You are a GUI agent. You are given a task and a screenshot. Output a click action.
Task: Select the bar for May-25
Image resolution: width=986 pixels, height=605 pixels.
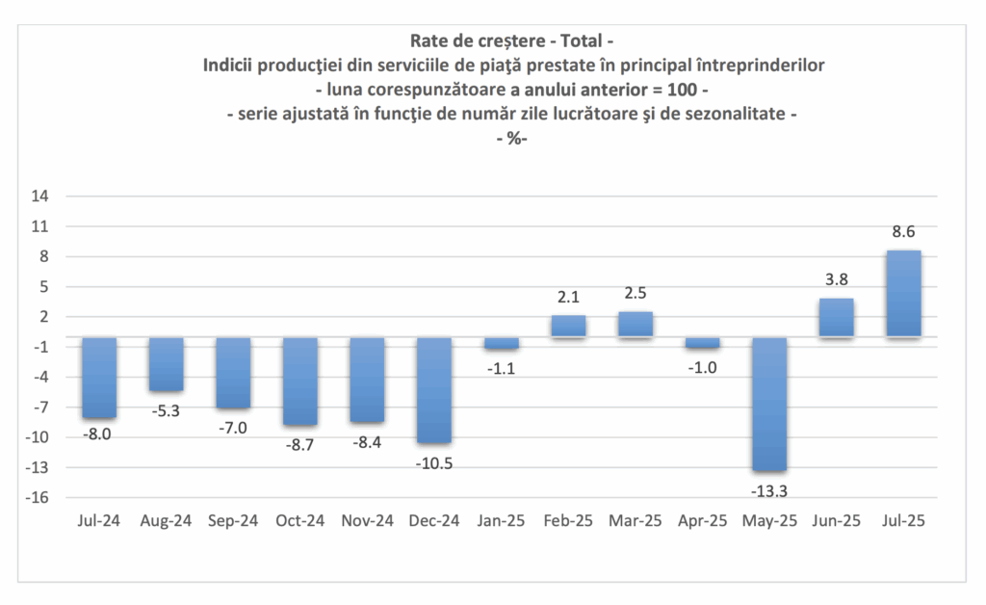pos(769,404)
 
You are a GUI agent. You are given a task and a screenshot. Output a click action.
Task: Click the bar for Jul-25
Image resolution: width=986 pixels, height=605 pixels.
pos(903,294)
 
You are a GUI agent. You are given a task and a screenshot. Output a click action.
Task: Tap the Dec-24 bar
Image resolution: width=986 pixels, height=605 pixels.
pos(433,390)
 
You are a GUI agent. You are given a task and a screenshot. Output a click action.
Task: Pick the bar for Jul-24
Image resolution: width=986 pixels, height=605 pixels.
pos(99,378)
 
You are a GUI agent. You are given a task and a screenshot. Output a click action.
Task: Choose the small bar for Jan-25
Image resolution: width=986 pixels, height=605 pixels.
pos(501,343)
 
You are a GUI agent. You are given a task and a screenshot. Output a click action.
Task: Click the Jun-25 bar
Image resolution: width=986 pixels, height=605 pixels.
pos(837,318)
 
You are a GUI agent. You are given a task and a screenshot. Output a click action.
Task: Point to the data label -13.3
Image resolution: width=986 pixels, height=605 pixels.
pos(769,491)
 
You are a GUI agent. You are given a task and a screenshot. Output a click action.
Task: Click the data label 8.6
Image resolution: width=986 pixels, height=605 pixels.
pos(903,231)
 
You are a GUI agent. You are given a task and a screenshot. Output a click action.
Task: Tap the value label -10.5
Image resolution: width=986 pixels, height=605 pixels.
pos(433,462)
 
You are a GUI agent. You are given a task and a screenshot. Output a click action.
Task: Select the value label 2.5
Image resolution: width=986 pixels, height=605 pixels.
pos(636,293)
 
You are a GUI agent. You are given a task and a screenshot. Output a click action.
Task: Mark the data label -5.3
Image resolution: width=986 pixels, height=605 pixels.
pos(166,410)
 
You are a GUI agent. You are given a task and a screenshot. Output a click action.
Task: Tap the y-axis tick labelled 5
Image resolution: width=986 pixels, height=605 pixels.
pos(44,287)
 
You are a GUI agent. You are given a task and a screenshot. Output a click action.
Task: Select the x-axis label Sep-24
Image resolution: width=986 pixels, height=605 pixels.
pos(233,521)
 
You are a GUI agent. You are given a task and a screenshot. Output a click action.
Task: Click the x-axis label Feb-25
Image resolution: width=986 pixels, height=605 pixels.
pos(568,521)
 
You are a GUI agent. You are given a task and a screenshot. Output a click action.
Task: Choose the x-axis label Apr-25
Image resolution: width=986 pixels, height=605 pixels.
pos(702,521)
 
